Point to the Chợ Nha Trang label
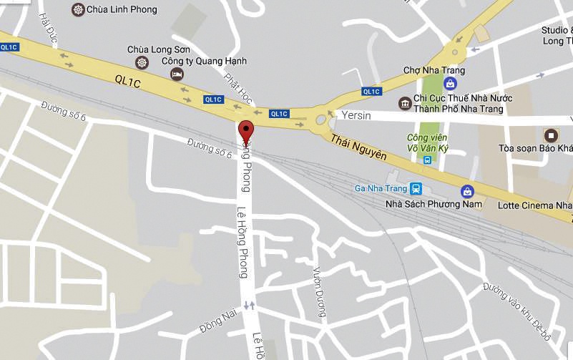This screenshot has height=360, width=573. point(434,70)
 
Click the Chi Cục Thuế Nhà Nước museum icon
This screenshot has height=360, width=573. point(405,104)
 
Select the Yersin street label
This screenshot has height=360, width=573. point(356,116)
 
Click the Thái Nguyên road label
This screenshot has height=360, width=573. point(359,145)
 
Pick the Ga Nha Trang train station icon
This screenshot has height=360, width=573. point(416,189)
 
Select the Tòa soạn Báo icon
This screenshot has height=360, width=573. point(552,135)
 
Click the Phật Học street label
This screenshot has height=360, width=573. point(235,89)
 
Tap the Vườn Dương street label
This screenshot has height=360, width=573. point(320,291)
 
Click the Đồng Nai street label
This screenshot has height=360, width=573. point(213,319)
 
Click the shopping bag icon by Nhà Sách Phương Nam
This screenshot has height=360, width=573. point(467,191)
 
